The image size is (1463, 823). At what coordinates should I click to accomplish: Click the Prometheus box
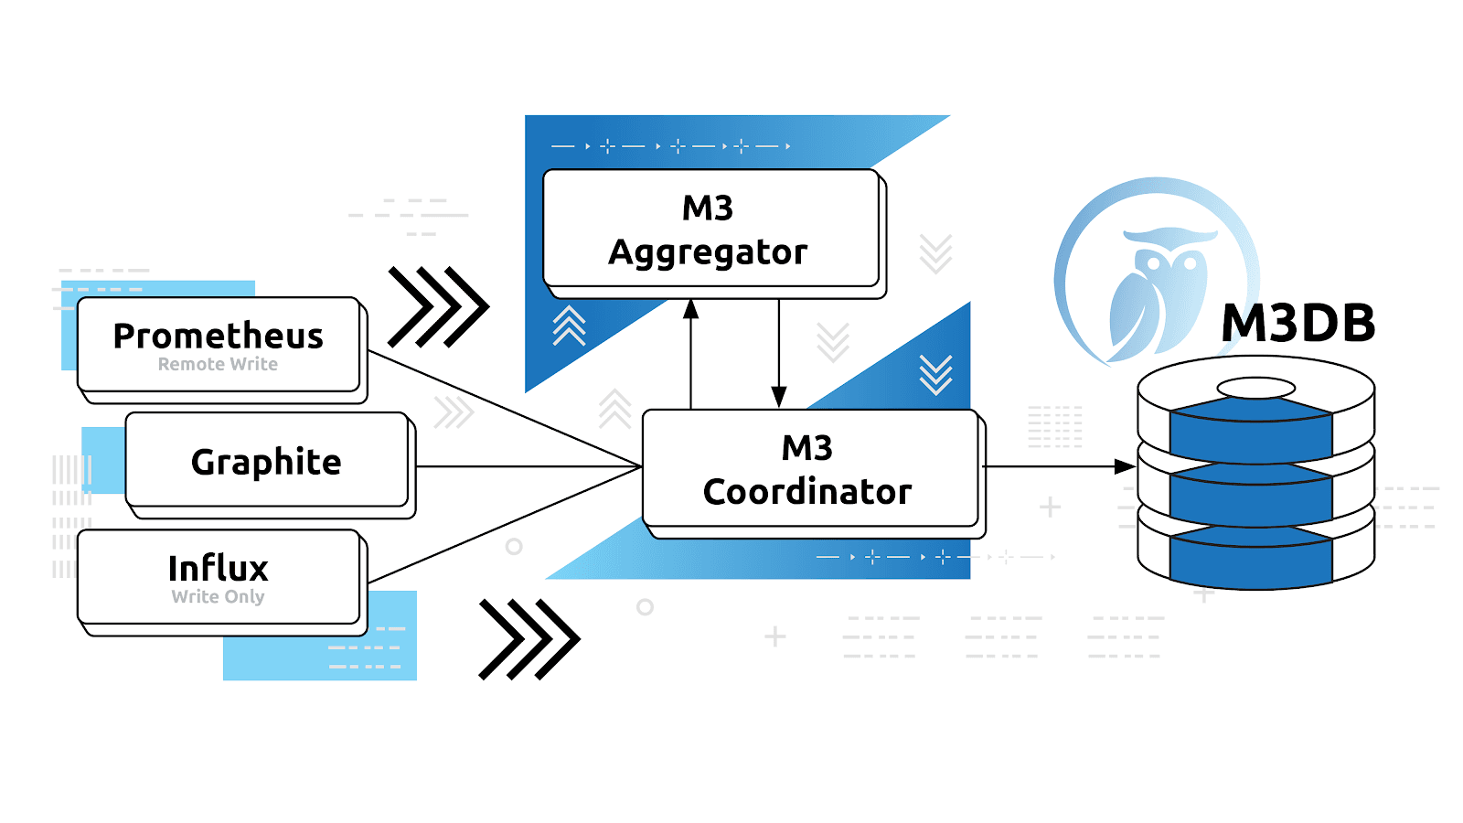coord(219,344)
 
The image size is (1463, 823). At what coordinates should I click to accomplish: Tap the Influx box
coord(219,576)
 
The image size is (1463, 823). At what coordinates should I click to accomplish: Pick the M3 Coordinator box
coord(809,468)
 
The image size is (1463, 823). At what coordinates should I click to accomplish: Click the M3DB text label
coord(1298,323)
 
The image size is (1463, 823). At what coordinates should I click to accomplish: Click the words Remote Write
coord(218,364)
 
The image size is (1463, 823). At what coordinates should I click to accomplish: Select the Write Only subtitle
coord(218,596)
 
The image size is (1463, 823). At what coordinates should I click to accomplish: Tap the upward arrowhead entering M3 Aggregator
coord(691,309)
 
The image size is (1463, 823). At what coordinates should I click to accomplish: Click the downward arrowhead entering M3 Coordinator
coord(779,397)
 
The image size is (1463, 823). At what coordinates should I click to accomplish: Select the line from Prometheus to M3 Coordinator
coord(503,408)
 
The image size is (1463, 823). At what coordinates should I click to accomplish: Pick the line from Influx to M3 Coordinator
coord(503,525)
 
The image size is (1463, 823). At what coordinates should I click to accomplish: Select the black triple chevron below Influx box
coord(529,639)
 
